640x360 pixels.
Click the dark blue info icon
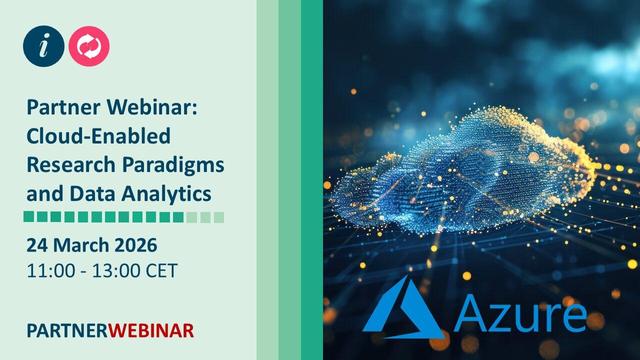click(x=46, y=46)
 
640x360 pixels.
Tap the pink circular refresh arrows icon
click(x=90, y=46)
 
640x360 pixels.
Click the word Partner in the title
click(x=60, y=109)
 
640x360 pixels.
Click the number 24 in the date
click(x=37, y=245)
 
